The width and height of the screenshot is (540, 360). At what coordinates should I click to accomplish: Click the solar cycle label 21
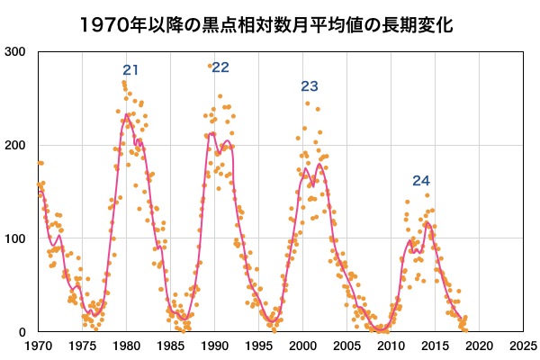tap(130, 70)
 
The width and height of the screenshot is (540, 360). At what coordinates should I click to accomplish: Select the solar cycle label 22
tap(220, 67)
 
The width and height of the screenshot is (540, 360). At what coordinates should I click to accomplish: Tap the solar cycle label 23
tap(310, 86)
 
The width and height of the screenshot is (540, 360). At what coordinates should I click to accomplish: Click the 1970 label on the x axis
tap(38, 346)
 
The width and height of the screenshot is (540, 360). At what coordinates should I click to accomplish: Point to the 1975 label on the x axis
tap(82, 346)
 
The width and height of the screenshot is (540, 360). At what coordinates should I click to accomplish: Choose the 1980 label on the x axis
tap(126, 346)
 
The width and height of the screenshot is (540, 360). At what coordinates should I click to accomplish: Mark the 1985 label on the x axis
tap(170, 346)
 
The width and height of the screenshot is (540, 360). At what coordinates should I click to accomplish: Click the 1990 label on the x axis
tap(214, 346)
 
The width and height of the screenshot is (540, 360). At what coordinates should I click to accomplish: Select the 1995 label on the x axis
tap(258, 346)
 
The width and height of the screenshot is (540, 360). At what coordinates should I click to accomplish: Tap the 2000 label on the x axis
tap(302, 346)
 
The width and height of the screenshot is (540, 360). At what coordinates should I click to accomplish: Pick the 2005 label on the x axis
tap(346, 346)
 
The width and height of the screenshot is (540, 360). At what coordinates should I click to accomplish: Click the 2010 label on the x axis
tap(391, 346)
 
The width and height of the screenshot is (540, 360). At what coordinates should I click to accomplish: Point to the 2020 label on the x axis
tap(479, 346)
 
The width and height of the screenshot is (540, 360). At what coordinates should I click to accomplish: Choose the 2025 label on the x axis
tap(522, 346)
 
